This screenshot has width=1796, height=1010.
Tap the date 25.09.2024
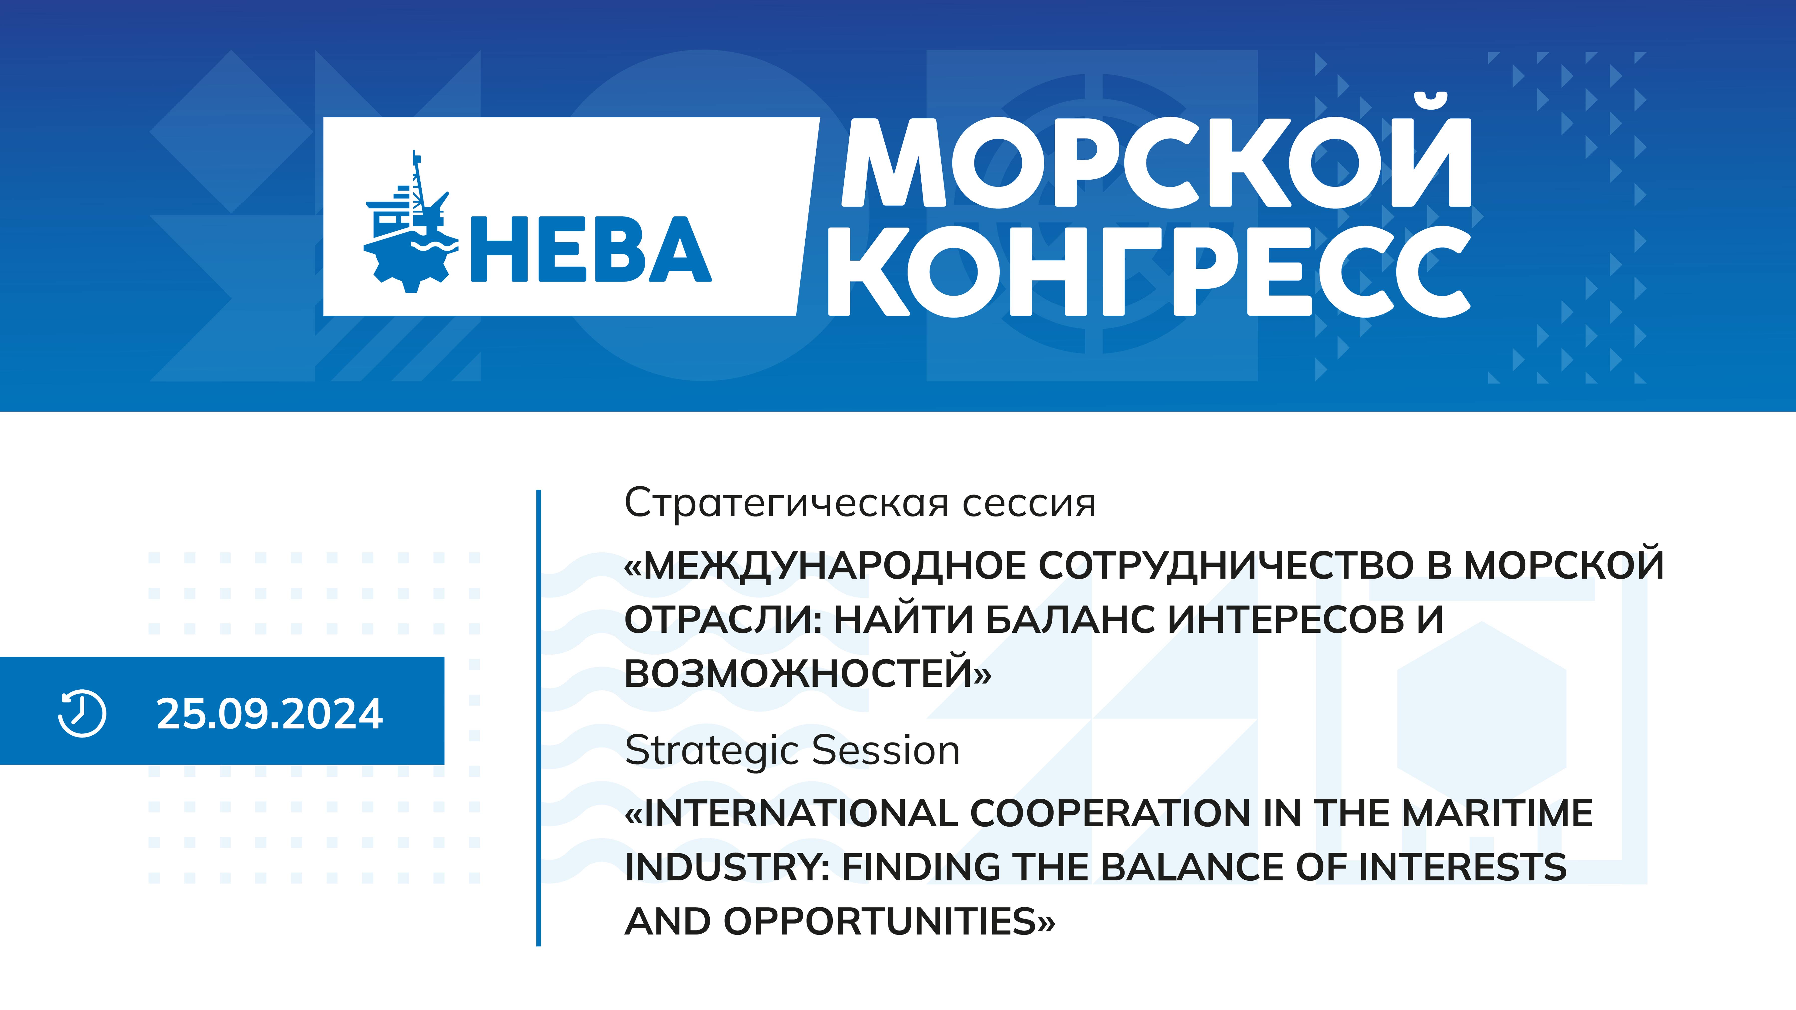tap(270, 714)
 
